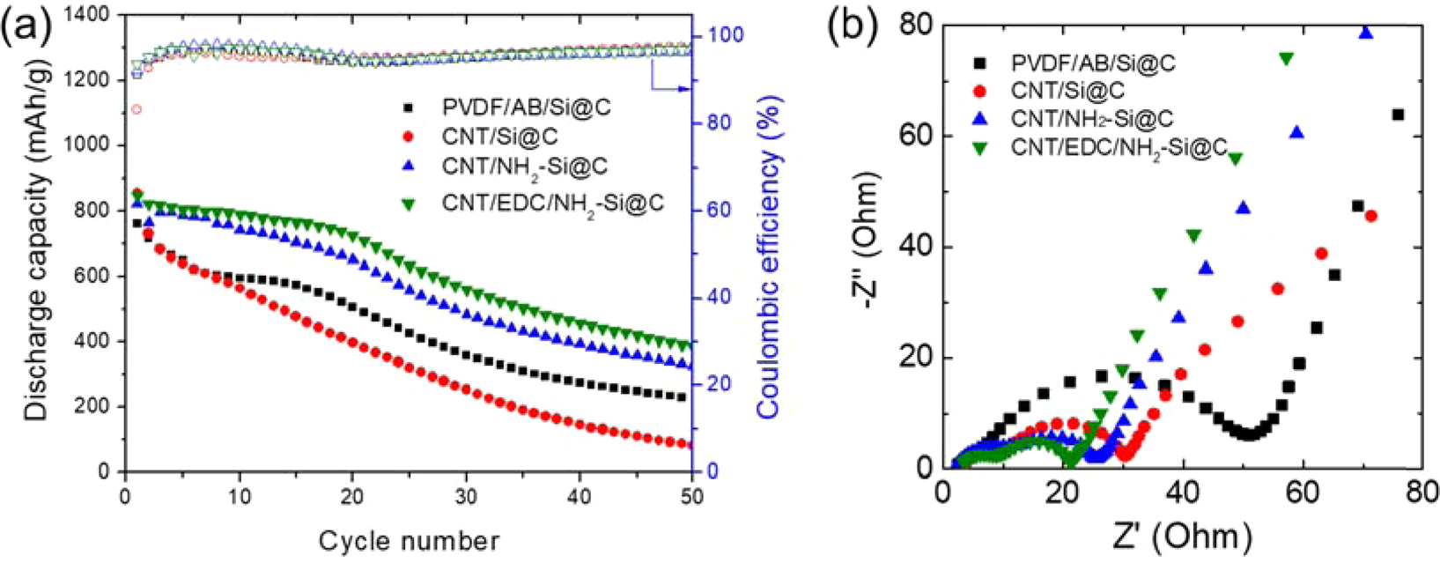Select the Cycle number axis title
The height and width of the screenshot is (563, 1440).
409,539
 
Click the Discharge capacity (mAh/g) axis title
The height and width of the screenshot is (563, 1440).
33,242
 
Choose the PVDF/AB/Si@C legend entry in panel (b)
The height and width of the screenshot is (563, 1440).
1093,63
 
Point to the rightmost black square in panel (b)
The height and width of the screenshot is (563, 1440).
1398,115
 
